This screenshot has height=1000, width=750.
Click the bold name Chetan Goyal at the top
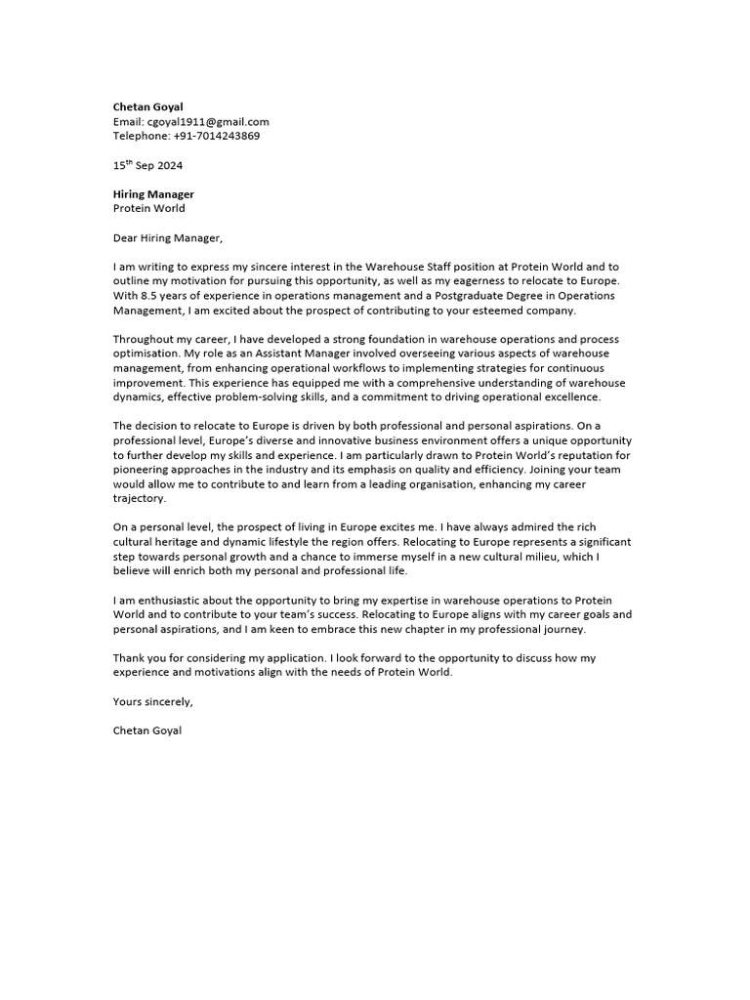[x=146, y=106]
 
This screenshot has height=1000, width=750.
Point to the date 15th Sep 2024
[x=147, y=165]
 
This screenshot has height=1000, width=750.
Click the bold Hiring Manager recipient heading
[x=153, y=194]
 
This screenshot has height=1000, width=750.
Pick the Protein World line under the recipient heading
[x=148, y=208]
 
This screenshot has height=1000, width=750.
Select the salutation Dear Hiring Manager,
[x=168, y=237]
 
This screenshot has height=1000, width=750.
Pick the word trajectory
[x=140, y=499]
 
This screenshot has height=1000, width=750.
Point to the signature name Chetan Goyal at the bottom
[x=146, y=730]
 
